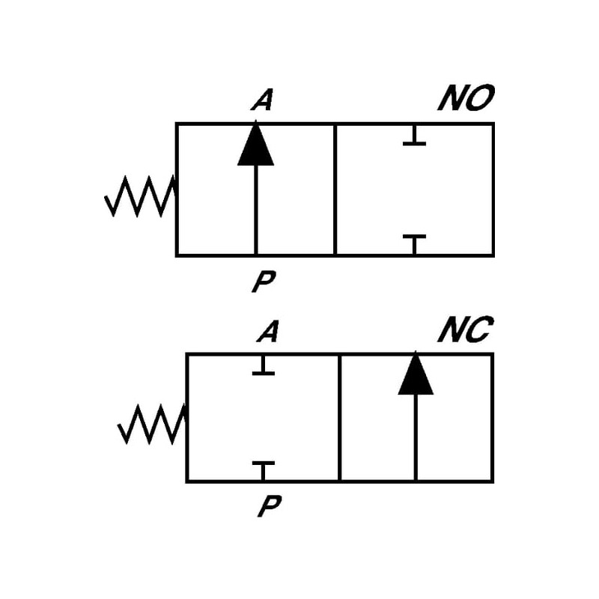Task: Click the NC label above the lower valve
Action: point(465,330)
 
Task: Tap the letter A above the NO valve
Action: point(261,101)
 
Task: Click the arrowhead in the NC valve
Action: point(416,374)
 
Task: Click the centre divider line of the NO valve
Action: point(335,189)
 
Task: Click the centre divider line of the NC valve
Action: point(339,417)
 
